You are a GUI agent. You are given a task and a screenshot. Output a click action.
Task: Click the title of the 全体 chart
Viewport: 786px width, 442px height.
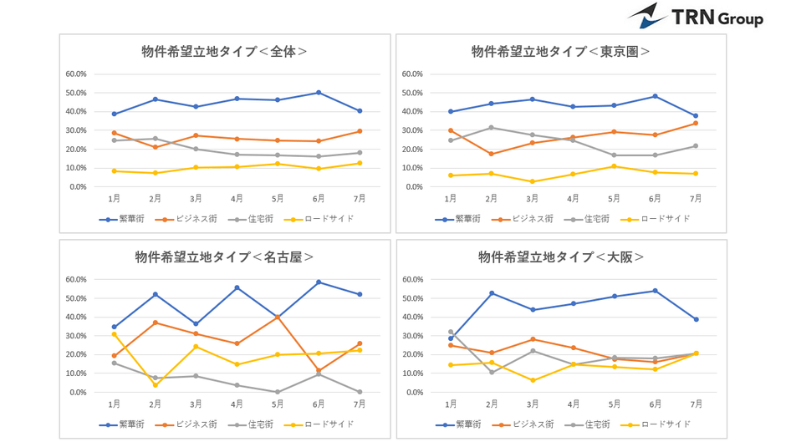[224, 52]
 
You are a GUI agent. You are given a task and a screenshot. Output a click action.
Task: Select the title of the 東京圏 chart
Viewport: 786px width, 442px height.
[560, 52]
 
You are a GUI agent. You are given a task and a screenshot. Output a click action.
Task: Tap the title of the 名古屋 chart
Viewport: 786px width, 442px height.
[224, 257]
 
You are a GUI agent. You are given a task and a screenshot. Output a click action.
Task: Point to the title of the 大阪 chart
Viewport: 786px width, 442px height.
[560, 257]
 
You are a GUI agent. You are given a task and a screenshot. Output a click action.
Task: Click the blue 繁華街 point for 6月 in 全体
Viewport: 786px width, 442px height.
[319, 93]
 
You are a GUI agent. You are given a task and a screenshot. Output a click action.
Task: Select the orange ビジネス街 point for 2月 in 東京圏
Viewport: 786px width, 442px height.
[492, 154]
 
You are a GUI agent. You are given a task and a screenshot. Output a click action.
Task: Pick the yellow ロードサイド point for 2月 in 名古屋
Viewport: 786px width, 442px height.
[156, 385]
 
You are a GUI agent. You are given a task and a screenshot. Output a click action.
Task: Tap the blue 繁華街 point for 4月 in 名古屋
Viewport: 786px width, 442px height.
[237, 287]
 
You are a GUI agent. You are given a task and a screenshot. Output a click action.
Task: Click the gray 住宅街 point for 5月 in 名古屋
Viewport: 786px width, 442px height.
[278, 392]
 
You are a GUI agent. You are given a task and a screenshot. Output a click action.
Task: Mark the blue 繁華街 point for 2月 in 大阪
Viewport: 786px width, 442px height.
[492, 293]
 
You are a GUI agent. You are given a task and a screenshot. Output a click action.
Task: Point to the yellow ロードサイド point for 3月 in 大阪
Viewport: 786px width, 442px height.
[533, 380]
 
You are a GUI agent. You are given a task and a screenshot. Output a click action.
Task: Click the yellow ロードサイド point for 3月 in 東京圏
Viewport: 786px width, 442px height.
[533, 181]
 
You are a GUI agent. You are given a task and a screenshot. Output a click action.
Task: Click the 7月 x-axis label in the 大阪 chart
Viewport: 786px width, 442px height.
[695, 404]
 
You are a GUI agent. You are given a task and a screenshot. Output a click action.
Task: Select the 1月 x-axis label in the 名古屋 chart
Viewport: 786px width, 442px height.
[115, 404]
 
